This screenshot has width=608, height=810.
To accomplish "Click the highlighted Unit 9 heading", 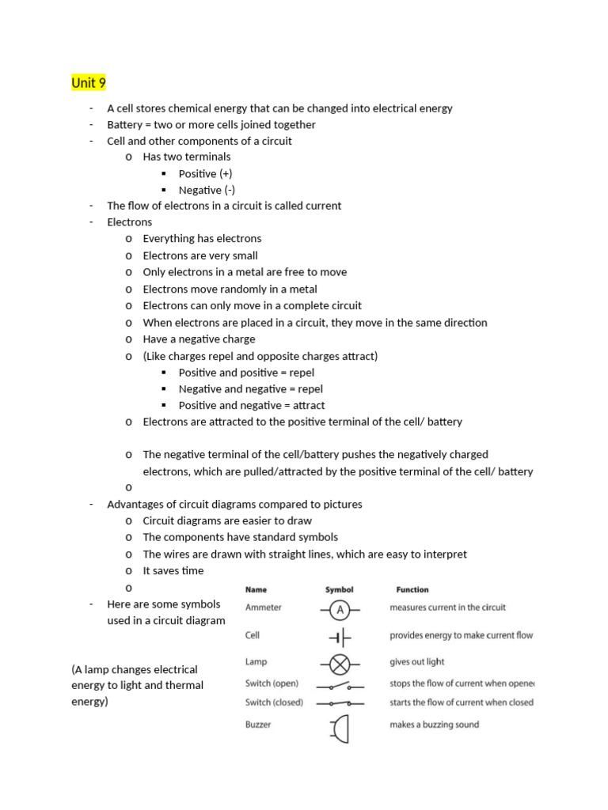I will (89, 83).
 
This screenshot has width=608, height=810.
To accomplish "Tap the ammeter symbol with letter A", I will (340, 609).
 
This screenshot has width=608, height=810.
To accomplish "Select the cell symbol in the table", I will (340, 637).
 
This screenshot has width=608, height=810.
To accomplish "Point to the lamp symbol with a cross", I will (340, 663).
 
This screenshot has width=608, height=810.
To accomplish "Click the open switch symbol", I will (340, 684).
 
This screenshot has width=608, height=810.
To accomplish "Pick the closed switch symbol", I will (340, 702).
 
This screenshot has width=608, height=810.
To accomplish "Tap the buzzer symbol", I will (340, 728).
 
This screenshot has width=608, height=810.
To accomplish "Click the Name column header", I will (256, 589).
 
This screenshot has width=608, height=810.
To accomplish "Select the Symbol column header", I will (340, 589).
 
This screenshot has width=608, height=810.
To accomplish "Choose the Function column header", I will (412, 589).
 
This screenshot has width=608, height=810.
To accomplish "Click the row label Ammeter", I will (264, 607).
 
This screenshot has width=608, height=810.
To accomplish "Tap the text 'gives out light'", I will (417, 662).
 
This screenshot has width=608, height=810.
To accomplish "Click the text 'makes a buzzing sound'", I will (435, 724).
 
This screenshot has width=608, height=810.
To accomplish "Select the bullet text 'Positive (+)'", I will (206, 173).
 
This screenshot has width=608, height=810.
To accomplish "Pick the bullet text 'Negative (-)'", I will (207, 190).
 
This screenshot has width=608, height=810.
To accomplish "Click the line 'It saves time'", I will (173, 570).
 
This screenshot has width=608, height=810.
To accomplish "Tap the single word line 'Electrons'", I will (130, 222).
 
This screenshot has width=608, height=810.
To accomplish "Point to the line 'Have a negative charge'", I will (199, 339).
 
